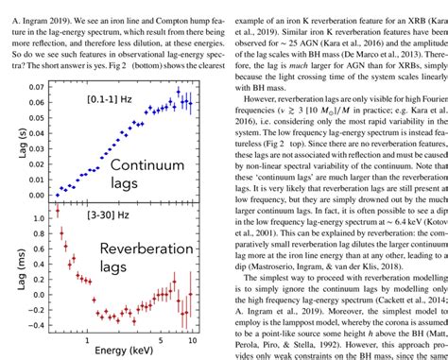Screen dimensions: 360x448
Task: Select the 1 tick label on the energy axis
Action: (87, 339)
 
